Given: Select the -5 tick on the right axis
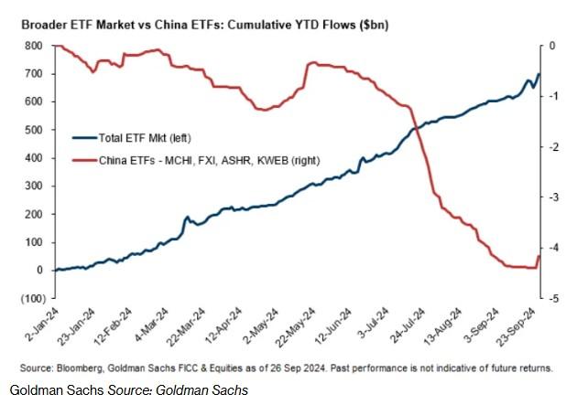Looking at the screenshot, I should coord(554,298).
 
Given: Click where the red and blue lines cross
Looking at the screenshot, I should coord(415,129).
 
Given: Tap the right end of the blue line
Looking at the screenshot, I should coord(539,74).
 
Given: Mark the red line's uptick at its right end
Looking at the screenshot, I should coord(539,257).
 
